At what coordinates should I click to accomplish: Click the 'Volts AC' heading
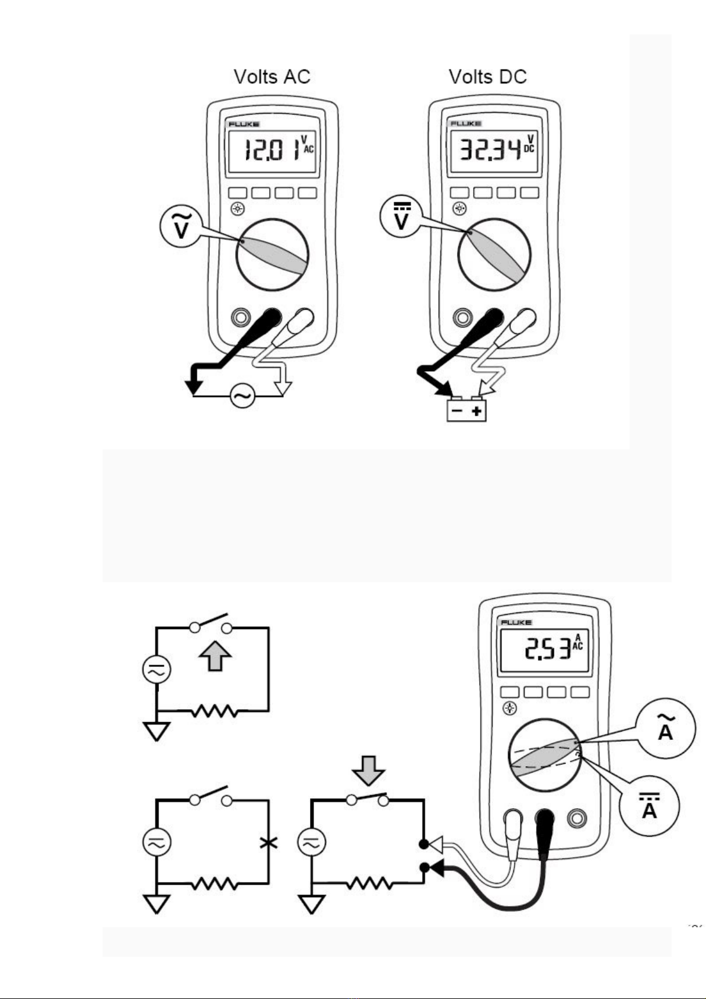point(272,77)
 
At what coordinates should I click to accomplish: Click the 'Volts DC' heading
point(487,77)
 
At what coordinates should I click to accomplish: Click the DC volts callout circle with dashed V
point(401,216)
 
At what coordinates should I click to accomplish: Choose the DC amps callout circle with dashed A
point(650,806)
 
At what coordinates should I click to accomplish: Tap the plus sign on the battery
point(477,411)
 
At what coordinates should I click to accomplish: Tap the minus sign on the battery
point(456,411)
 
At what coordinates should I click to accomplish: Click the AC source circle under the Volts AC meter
point(242,395)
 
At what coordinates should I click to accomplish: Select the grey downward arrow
point(368,770)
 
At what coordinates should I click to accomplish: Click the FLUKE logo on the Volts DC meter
point(465,123)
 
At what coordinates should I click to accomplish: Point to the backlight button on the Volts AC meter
point(238,209)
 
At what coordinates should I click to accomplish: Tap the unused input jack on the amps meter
point(576,818)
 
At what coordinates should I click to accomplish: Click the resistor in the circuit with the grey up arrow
point(216,711)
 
